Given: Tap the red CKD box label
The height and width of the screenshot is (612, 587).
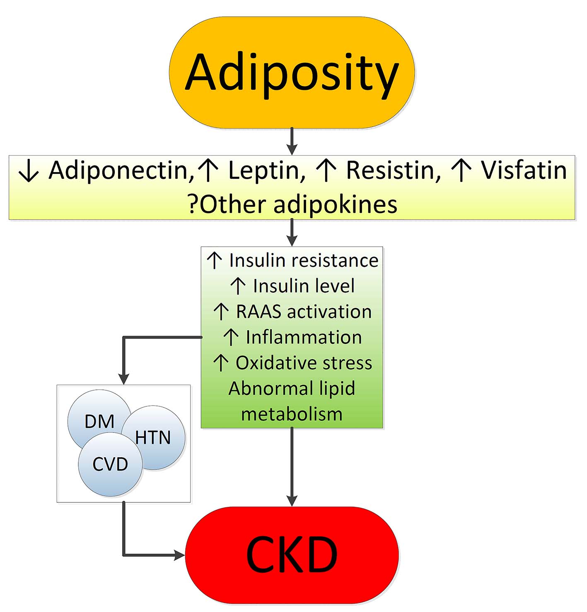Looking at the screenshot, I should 292,554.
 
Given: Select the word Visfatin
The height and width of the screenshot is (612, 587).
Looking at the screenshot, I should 524,170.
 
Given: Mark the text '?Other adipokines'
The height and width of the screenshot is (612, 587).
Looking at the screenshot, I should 292,204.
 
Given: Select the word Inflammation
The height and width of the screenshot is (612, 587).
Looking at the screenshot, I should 304,337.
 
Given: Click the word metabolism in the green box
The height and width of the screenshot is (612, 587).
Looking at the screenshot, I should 292,414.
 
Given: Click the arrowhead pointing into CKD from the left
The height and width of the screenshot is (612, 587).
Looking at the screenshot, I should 180,555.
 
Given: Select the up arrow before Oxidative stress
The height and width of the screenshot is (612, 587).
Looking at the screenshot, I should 221,363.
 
